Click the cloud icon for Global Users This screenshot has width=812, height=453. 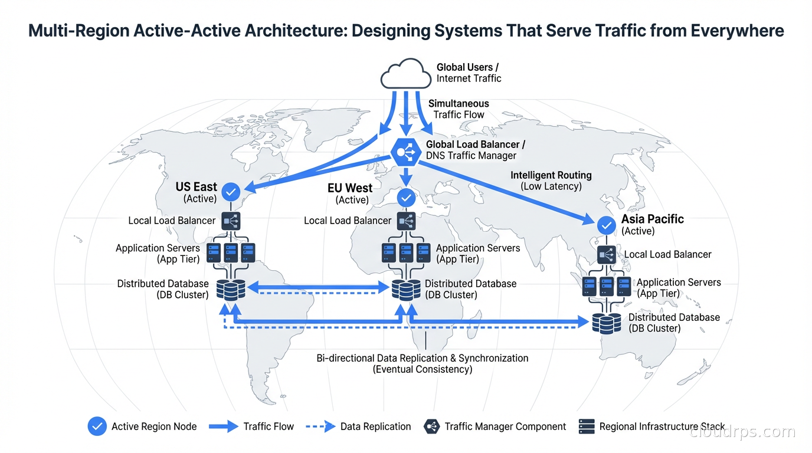pyautogui.click(x=405, y=74)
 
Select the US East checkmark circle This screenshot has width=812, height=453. pyautogui.click(x=230, y=191)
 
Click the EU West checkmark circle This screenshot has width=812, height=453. pyautogui.click(x=406, y=198)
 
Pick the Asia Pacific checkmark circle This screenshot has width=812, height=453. pyautogui.click(x=606, y=225)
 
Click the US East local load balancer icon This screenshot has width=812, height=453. pyautogui.click(x=231, y=221)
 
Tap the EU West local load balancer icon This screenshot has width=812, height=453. pyautogui.click(x=406, y=221)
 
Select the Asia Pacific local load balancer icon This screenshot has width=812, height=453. pyautogui.click(x=607, y=255)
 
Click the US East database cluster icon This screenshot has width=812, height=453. pyautogui.click(x=231, y=290)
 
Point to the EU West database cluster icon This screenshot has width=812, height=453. pyautogui.click(x=407, y=290)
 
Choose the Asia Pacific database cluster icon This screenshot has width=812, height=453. pyautogui.click(x=607, y=323)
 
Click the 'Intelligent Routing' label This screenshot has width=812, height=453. pyautogui.click(x=551, y=175)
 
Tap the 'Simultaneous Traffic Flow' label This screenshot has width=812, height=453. pyautogui.click(x=459, y=109)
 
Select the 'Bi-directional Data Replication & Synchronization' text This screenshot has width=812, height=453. pyautogui.click(x=422, y=358)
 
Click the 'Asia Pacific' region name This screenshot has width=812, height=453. pyautogui.click(x=652, y=219)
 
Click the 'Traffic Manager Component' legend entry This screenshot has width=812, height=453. pyautogui.click(x=505, y=426)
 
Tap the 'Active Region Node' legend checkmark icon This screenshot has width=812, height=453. pyautogui.click(x=97, y=426)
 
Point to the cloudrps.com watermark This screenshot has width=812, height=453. pyautogui.click(x=742, y=432)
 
